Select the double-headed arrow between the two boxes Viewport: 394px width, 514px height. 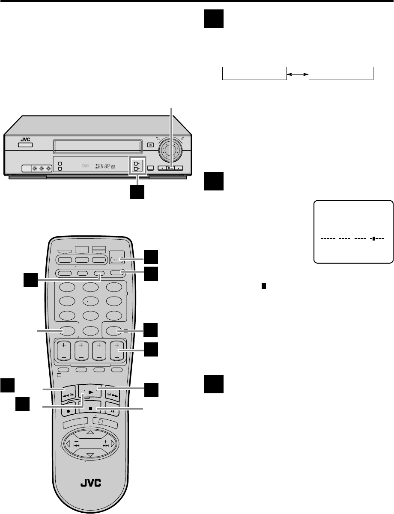pos(298,74)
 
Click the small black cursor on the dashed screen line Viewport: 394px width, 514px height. pos(373,238)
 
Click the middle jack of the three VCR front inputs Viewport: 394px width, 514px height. pos(42,168)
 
